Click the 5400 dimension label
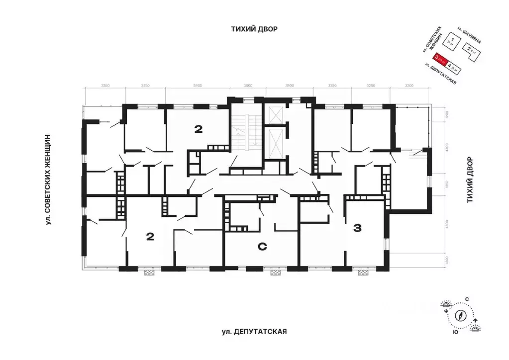[x=198, y=86]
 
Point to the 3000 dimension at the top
[x=248, y=86]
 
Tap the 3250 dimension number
[x=332, y=86]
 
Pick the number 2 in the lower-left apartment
[x=149, y=237]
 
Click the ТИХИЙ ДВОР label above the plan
[x=254, y=29]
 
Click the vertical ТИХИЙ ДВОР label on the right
[x=469, y=180]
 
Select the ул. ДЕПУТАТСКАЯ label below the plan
[x=255, y=332]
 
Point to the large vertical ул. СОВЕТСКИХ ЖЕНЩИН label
[x=48, y=180]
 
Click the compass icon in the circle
[x=461, y=314]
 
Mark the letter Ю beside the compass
[x=455, y=333]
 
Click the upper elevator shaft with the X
[x=274, y=115]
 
